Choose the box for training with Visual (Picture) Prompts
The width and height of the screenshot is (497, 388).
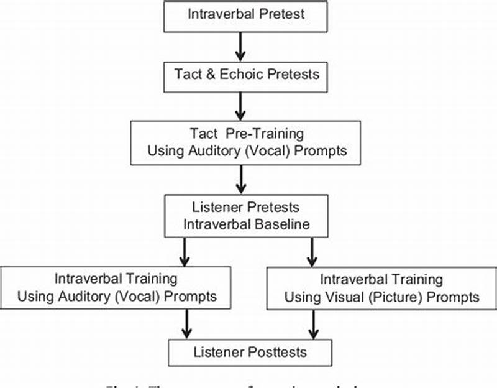[x=381, y=288]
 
